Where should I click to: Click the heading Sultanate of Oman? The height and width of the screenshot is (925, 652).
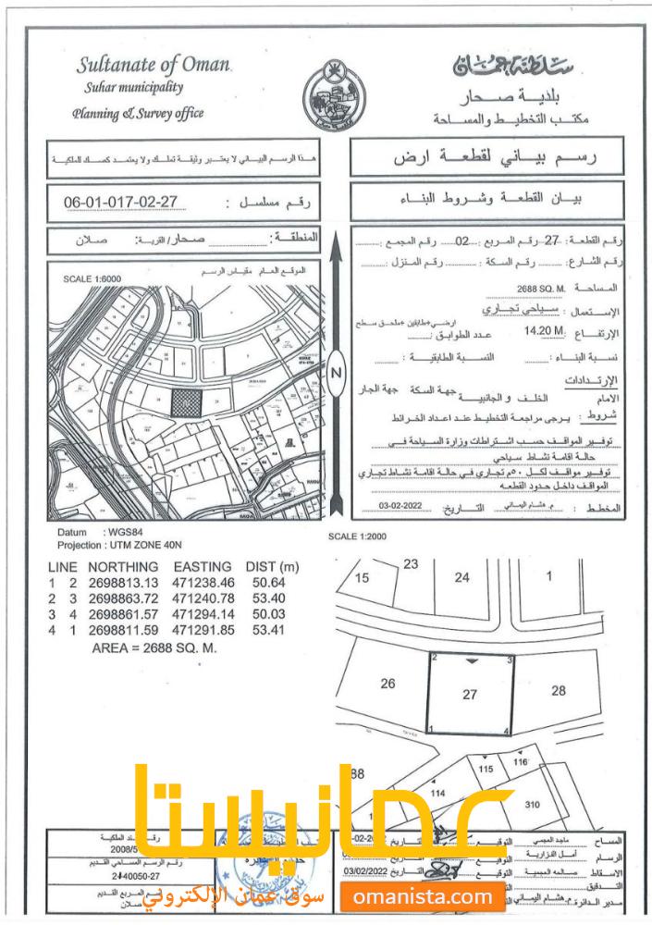coord(154,66)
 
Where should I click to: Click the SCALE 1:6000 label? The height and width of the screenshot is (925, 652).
coord(92,277)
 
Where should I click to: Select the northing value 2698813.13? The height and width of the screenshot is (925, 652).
coord(125,582)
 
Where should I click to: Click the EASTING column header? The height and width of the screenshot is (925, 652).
coord(204,565)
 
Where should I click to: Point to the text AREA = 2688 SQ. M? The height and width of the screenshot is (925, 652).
coord(154,648)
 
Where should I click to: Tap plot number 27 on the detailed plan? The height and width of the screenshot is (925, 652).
coord(471,695)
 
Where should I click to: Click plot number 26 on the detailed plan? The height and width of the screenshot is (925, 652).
coord(388,684)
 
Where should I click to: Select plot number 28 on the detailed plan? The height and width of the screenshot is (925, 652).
coord(558,690)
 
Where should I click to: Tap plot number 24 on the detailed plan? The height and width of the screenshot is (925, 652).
coord(462,577)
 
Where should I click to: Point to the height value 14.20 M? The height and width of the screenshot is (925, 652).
coord(543,331)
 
